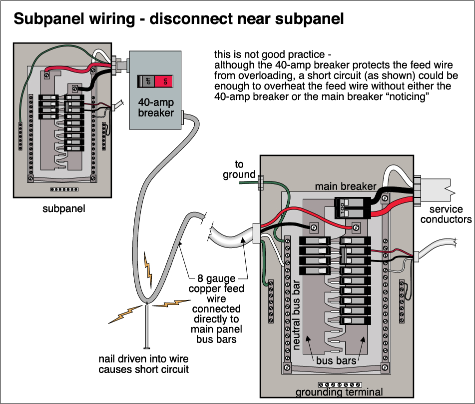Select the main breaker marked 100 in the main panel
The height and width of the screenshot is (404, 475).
click(351, 206)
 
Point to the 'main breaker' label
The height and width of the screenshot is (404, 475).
click(345, 186)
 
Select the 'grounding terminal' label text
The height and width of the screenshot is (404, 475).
click(339, 392)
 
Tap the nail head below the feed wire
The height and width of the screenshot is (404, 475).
click(146, 347)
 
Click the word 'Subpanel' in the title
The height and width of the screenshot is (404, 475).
click(44, 19)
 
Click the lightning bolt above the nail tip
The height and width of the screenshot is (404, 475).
click(148, 267)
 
